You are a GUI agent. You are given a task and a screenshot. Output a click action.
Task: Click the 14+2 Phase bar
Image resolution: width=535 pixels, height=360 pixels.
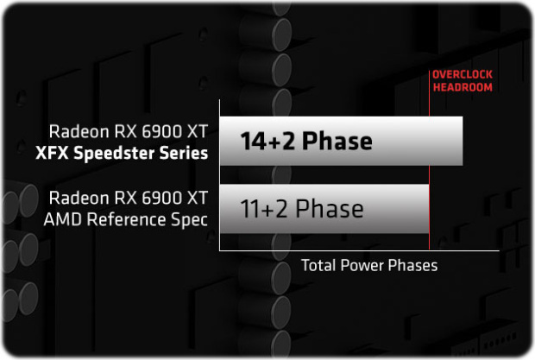(x=341, y=141)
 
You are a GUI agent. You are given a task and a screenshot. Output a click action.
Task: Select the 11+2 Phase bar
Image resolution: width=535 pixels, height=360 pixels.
(x=324, y=209)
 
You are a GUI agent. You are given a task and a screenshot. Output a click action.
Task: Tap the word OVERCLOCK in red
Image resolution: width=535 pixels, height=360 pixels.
(x=463, y=74)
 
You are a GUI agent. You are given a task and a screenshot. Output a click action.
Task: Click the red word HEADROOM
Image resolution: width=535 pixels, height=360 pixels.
(x=463, y=87)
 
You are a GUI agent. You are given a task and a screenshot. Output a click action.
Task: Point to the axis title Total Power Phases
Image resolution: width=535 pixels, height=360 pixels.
(x=369, y=265)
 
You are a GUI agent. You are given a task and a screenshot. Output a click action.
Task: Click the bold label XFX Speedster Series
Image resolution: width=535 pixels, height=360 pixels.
(x=122, y=153)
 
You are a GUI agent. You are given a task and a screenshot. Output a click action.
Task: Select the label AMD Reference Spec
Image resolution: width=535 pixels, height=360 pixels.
(x=126, y=219)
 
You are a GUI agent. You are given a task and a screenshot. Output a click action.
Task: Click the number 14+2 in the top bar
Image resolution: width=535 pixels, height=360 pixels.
(x=267, y=142)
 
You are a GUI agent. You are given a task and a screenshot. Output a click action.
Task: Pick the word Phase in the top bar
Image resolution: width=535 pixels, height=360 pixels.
(x=337, y=141)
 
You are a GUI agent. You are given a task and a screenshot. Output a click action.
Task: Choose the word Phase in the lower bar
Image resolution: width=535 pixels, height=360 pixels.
(x=330, y=208)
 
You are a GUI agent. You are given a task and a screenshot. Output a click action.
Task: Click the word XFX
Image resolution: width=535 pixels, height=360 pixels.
(x=52, y=153)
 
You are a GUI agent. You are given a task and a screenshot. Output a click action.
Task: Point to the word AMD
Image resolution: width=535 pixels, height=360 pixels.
(x=62, y=219)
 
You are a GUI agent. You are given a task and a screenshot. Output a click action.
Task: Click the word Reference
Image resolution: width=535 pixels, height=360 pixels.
(x=127, y=218)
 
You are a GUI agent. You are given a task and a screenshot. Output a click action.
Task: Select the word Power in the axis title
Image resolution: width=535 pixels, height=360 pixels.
(x=362, y=265)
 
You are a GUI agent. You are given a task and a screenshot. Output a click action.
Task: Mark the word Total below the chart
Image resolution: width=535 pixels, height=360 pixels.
(x=318, y=265)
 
